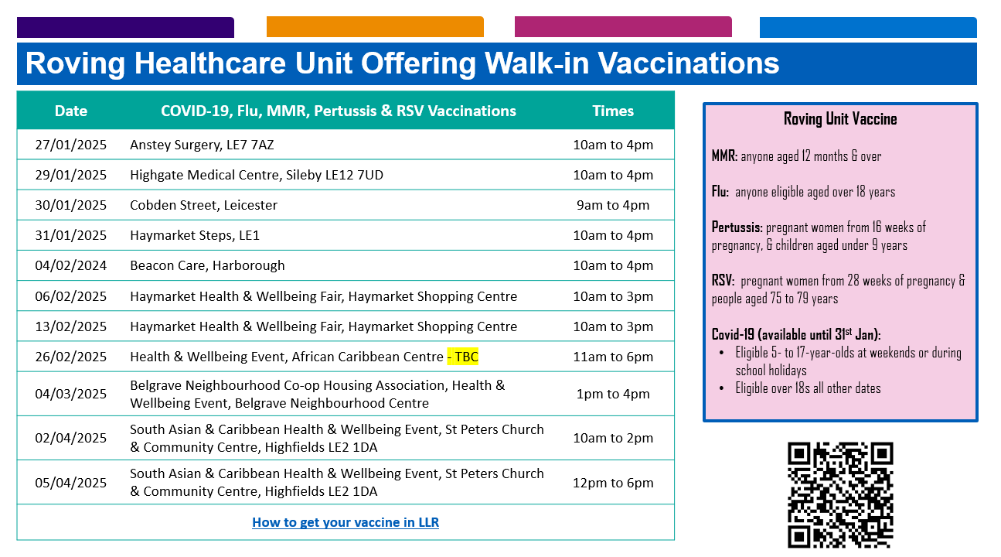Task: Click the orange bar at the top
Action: [375, 27]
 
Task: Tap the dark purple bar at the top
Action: [125, 27]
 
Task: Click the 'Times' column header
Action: [613, 111]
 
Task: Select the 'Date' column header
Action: [70, 111]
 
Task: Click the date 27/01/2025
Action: [70, 145]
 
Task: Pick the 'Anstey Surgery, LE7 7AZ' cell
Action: [202, 145]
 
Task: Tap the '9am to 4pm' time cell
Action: [613, 205]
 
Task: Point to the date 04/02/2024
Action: [70, 266]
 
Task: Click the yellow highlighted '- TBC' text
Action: [462, 357]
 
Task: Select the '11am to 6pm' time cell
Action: [613, 357]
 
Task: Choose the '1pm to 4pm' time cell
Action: [613, 394]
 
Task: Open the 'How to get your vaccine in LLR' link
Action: [346, 522]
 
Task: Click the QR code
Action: [840, 495]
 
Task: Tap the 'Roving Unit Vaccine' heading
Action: [840, 119]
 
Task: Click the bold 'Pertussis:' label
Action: [737, 227]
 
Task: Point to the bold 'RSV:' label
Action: [723, 281]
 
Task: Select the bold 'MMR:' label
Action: [724, 156]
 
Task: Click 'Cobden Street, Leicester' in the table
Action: [203, 205]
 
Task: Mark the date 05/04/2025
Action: [70, 483]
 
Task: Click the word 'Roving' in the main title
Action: [75, 63]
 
